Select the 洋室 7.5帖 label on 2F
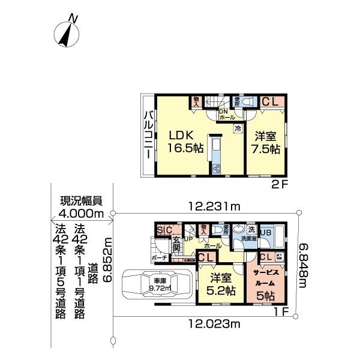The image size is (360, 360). [265, 142]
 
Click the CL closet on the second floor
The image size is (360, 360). [269, 102]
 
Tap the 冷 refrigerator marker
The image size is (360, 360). [238, 127]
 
